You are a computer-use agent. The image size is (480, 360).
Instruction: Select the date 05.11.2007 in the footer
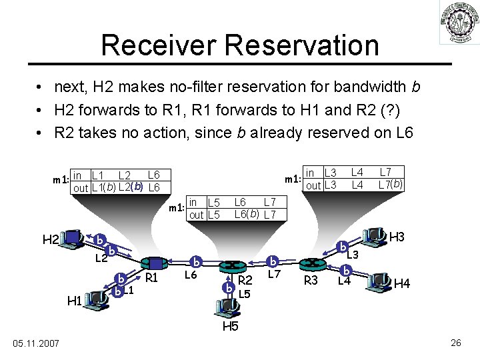pos(37,343)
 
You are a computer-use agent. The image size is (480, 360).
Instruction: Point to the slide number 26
pos(456,343)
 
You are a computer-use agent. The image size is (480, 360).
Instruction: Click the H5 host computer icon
pos(229,306)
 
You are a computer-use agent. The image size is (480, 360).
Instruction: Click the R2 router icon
pos(233,265)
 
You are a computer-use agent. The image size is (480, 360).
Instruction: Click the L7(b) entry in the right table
pos(390,184)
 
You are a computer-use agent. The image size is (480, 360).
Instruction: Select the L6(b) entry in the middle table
pos(246,214)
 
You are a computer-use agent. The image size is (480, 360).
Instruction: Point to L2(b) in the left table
pos(131,187)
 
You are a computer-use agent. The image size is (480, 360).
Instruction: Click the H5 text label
pos(230,326)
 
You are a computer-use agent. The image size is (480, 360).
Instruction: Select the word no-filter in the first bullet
pos(191,87)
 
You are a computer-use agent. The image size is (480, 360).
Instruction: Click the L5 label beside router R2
pos(244,293)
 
